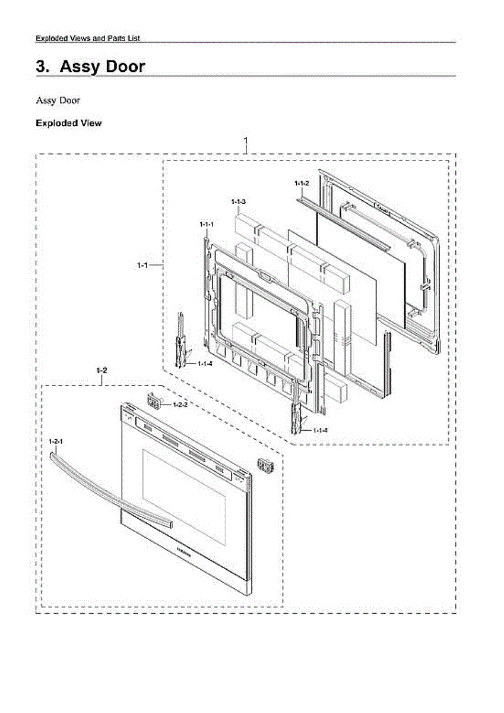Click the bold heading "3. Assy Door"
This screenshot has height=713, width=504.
tap(90, 67)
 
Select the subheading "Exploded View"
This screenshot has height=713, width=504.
tap(68, 123)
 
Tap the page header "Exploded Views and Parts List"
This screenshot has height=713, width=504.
tap(88, 38)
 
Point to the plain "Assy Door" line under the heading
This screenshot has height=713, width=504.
tap(58, 100)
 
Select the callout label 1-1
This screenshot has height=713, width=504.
tap(141, 265)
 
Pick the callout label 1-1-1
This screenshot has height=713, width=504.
tap(206, 224)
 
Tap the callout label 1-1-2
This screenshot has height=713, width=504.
tap(302, 184)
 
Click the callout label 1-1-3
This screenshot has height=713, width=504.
tap(239, 203)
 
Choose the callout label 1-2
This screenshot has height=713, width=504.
tap(102, 370)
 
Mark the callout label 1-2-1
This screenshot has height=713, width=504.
tap(56, 441)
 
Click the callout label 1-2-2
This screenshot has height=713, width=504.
tap(180, 405)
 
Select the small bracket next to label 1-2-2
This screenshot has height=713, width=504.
tap(154, 402)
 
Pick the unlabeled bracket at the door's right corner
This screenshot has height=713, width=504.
tap(265, 466)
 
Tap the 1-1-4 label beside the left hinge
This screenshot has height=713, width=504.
tap(205, 364)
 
